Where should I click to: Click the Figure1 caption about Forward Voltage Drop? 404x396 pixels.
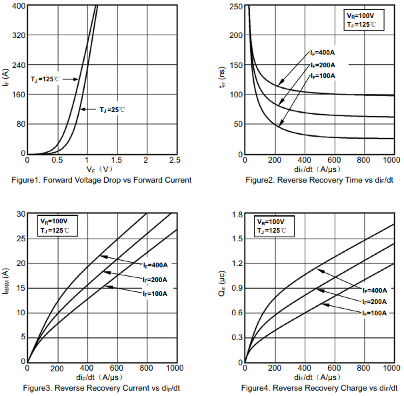click(x=101, y=180)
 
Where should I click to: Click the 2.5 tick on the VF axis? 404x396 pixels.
click(x=175, y=160)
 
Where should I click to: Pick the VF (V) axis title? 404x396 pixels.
click(x=101, y=170)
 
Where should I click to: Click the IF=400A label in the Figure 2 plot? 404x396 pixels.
click(x=321, y=53)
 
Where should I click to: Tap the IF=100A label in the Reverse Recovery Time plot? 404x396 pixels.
click(x=323, y=75)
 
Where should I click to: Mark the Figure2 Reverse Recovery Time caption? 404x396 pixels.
click(x=319, y=180)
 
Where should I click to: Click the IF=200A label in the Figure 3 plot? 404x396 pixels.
click(x=155, y=279)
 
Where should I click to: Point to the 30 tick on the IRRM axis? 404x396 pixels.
click(x=20, y=214)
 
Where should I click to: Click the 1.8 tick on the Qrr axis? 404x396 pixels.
click(x=237, y=214)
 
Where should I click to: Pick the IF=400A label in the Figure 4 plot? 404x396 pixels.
click(x=375, y=291)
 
